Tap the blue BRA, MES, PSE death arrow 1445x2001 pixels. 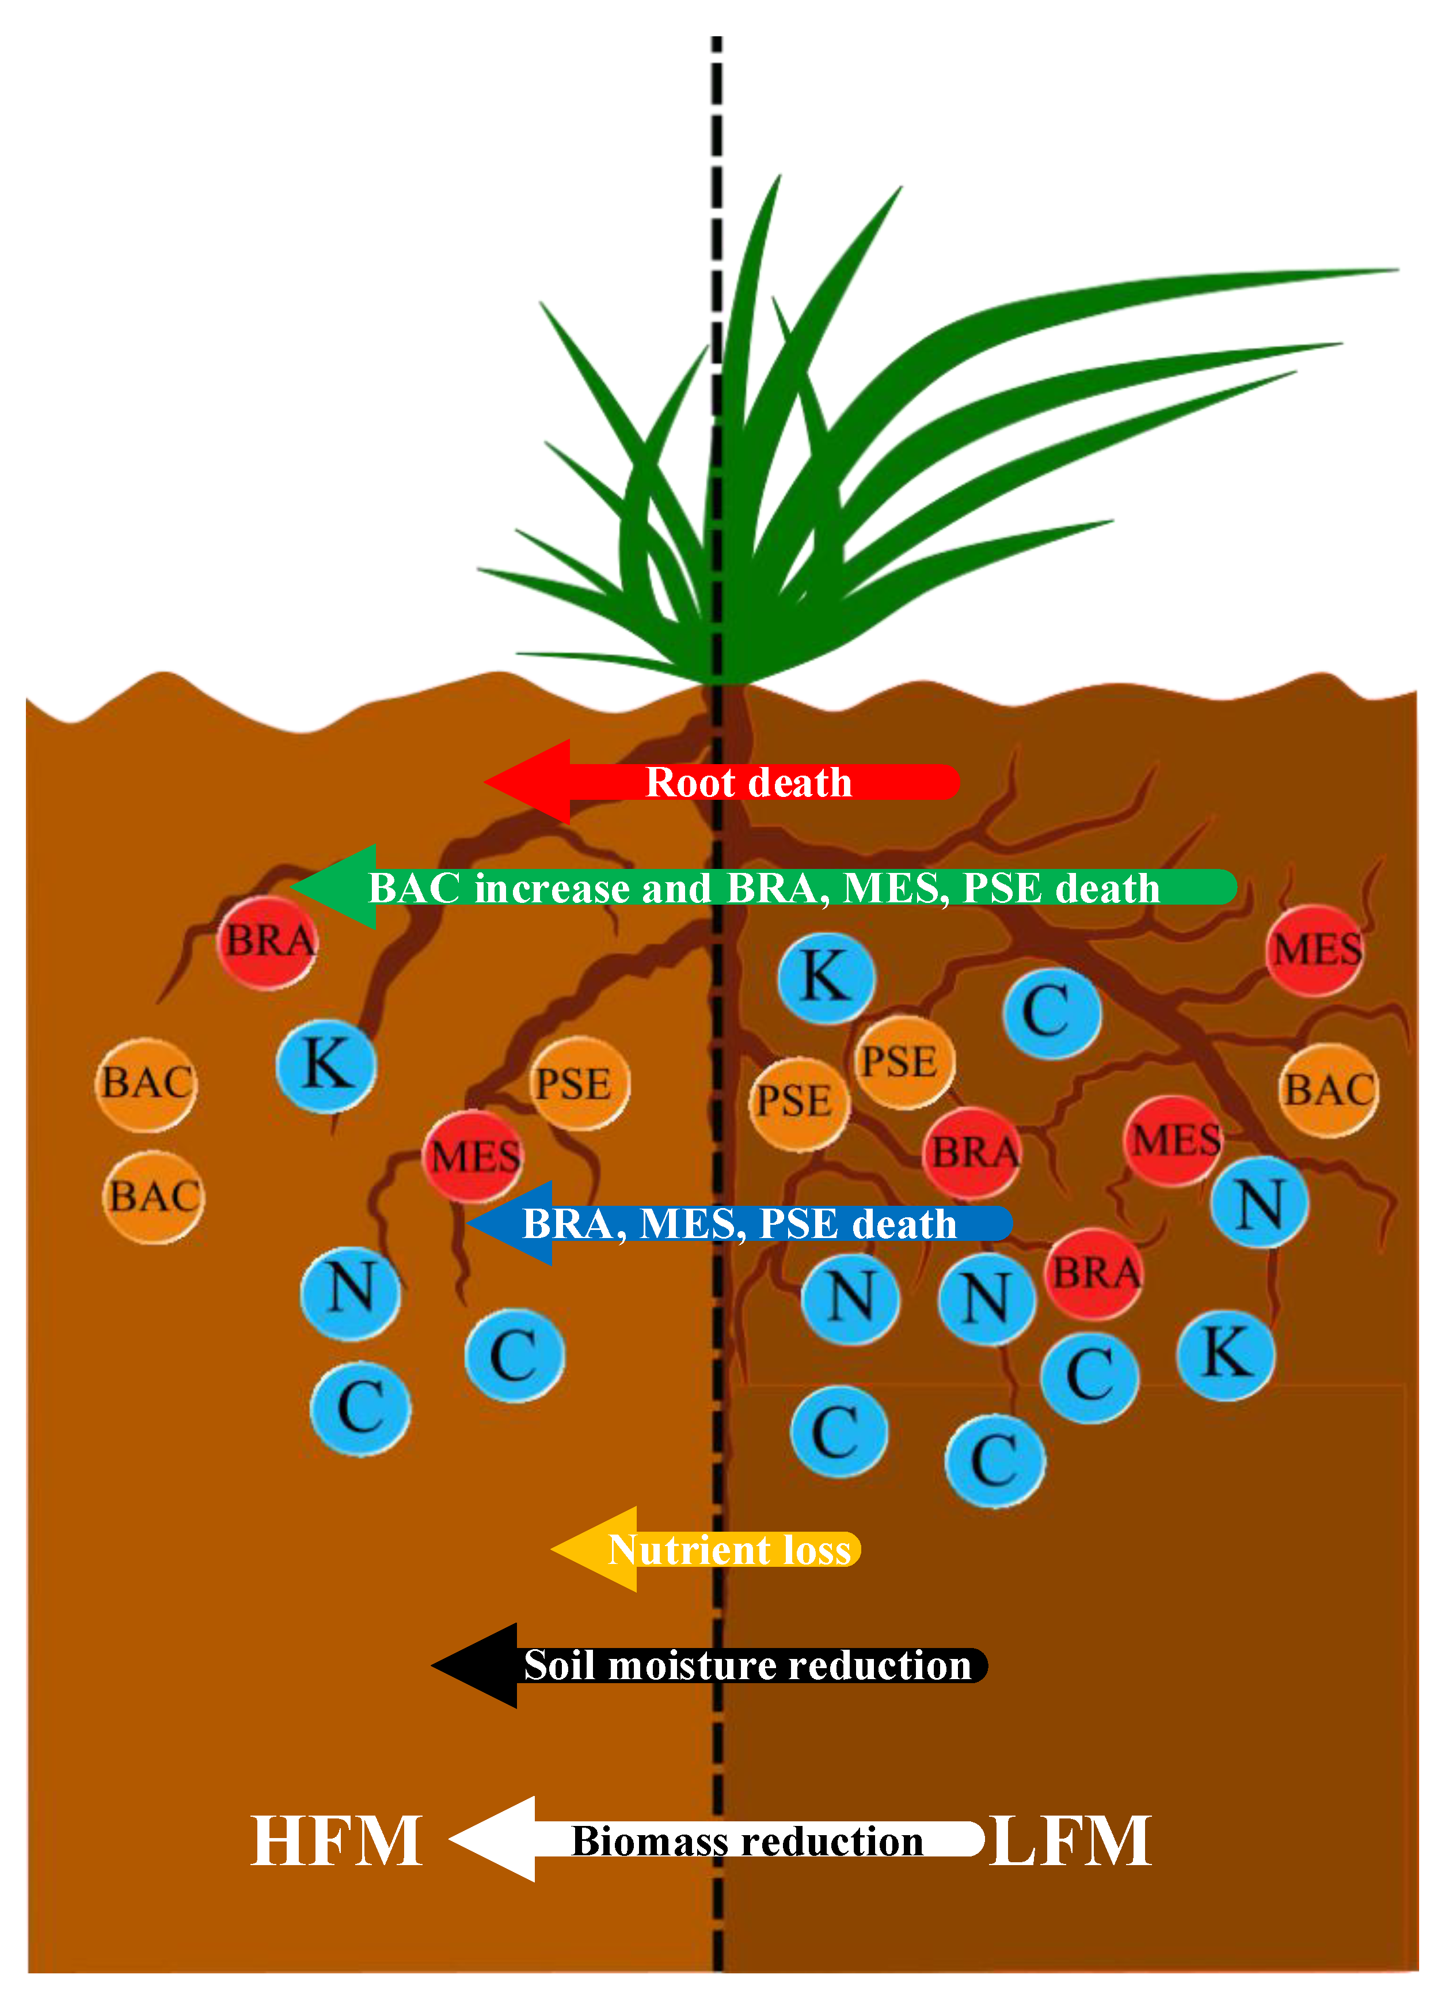click(739, 1223)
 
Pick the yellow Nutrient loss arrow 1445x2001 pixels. click(706, 1550)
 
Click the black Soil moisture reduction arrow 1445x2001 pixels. click(710, 1666)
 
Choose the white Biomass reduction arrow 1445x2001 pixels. click(716, 1840)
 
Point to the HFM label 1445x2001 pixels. click(337, 1841)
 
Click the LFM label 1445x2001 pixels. click(1071, 1841)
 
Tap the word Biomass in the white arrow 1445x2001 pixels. click(640, 1841)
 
